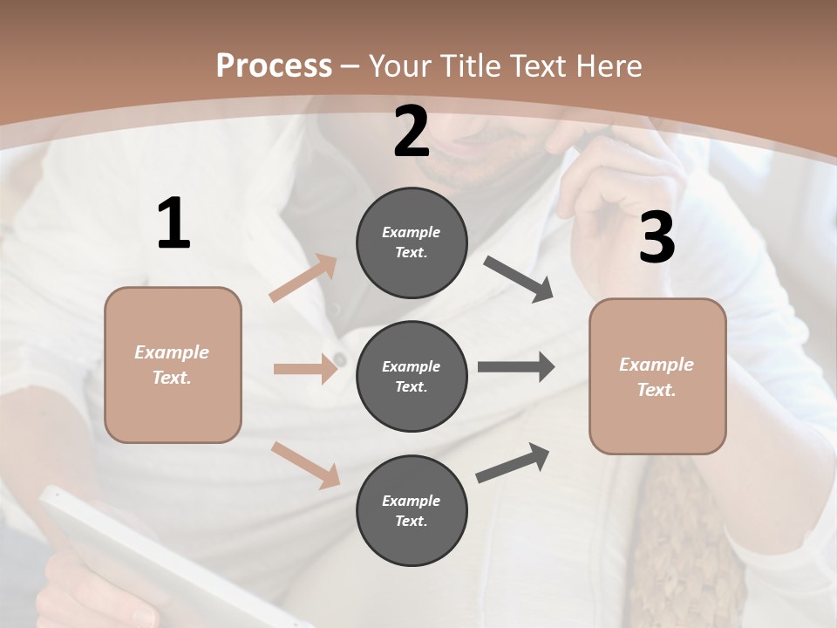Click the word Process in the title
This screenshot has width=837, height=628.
point(274,66)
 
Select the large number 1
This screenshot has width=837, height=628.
point(174,224)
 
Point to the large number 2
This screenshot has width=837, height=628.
point(412,133)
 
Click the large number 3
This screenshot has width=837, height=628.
point(657,238)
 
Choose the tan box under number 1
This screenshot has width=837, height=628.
point(173,365)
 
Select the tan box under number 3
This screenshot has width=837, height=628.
point(657,376)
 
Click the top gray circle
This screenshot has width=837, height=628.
point(412,242)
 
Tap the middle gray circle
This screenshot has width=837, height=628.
point(412,376)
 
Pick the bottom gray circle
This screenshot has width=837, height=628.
point(412,510)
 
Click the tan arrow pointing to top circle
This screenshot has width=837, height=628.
point(303,278)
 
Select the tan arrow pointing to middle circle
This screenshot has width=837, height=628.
point(305,369)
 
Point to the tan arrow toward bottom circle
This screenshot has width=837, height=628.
point(306,464)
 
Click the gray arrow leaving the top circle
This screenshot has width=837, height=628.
point(519,279)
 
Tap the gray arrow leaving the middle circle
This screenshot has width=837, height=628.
point(516,367)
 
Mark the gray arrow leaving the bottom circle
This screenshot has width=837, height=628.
point(513,462)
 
